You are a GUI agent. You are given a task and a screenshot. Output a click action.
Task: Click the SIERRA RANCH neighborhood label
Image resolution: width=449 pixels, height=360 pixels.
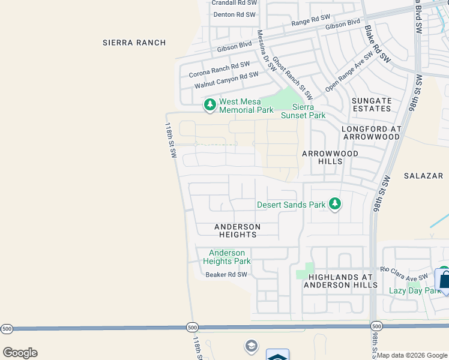(133, 43)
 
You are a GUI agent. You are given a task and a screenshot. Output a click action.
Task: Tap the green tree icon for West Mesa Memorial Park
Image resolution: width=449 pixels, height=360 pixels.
(209, 105)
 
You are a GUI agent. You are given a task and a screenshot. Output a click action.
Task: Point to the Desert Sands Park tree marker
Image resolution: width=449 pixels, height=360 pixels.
(335, 205)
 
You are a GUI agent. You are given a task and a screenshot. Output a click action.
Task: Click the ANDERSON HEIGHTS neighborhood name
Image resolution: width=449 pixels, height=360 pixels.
(238, 230)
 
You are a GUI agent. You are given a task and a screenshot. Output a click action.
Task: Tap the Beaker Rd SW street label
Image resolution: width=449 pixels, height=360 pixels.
(226, 275)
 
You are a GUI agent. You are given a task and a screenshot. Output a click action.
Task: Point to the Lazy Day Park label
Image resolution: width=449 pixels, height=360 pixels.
(415, 290)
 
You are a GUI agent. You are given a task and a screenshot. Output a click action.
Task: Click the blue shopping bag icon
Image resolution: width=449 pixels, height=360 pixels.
(444, 280)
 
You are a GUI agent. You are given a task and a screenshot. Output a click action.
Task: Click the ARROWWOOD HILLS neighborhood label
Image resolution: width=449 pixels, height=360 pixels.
(330, 158)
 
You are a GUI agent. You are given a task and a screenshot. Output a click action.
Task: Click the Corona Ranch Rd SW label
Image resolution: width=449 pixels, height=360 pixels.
(219, 69)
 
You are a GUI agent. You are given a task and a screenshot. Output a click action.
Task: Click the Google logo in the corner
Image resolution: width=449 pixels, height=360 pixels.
(20, 353)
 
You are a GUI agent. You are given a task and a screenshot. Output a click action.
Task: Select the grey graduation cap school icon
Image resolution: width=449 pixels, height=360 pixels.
(251, 346)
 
